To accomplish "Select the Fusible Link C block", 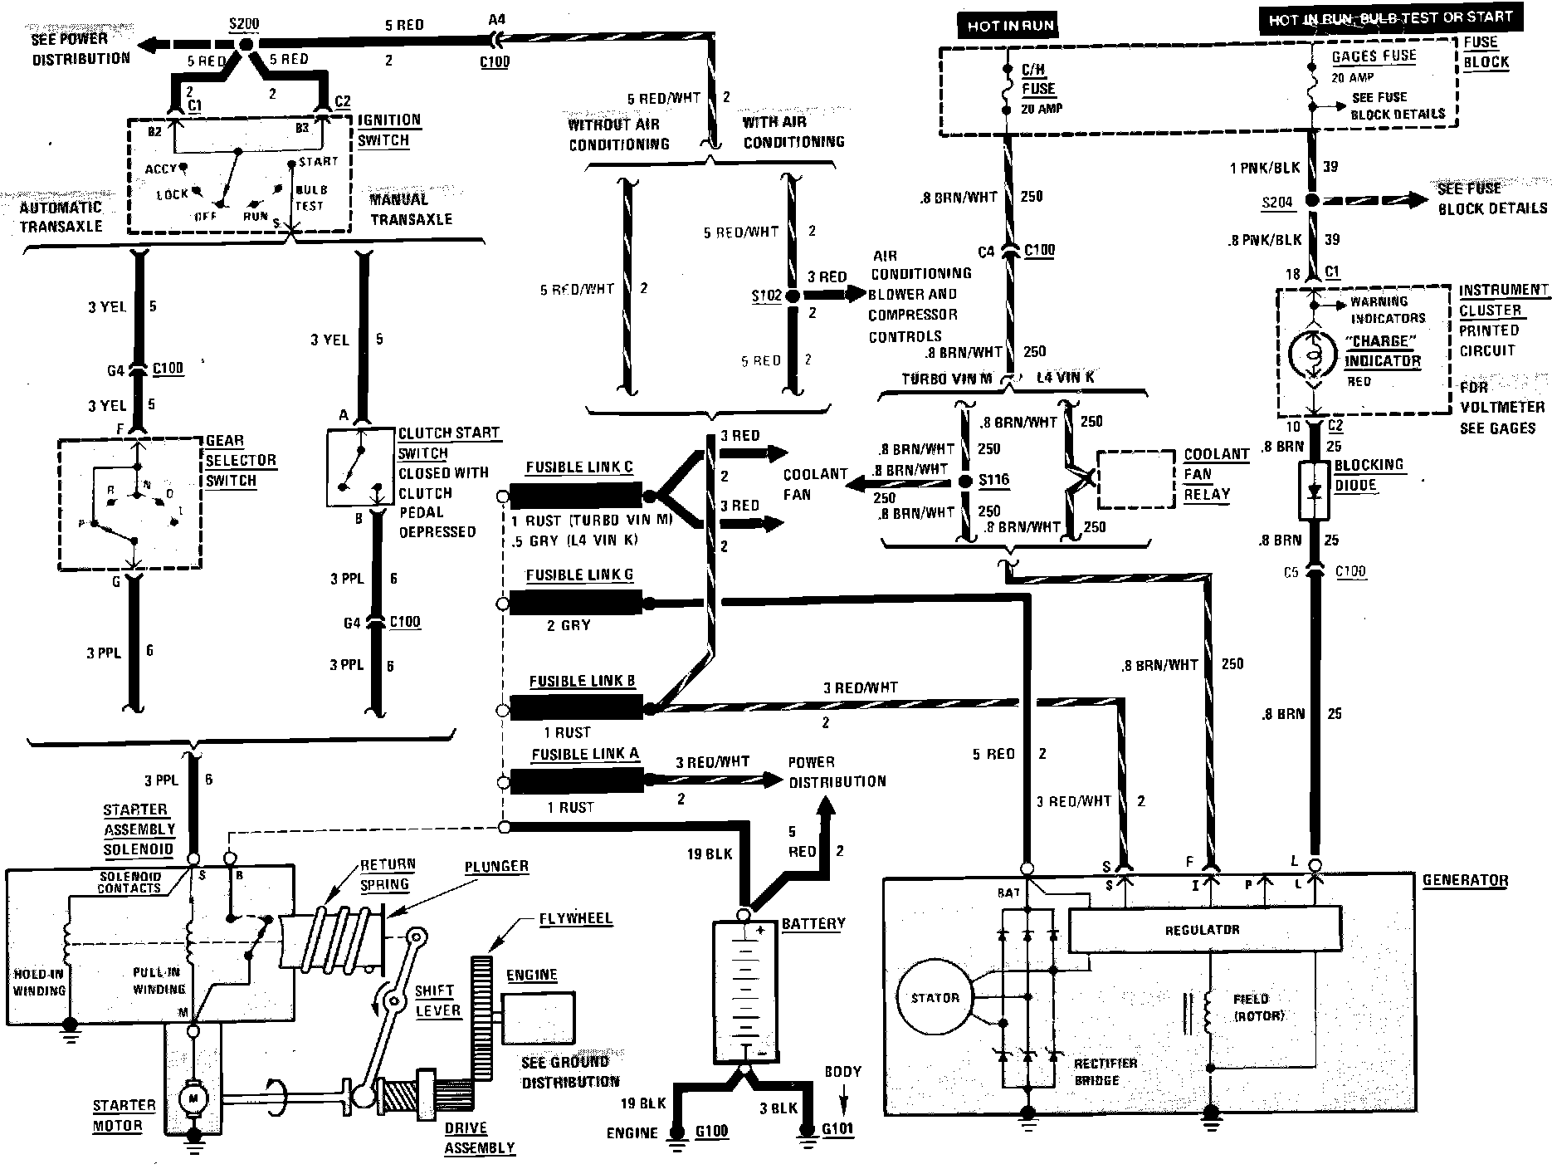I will [575, 496].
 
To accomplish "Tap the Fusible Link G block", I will [575, 603].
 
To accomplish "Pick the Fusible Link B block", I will [575, 708].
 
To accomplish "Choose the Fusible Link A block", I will [575, 780].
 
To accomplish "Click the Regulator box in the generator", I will [1203, 929].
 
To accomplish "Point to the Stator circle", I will [935, 998].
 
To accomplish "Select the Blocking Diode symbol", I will [1313, 492].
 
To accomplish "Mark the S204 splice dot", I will [1311, 201].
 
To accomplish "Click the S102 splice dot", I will [792, 296].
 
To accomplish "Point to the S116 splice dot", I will [964, 480].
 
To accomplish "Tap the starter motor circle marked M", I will [194, 1098].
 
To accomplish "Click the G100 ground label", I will [712, 1130].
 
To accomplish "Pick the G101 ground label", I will [838, 1129].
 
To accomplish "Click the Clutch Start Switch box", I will [360, 467].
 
